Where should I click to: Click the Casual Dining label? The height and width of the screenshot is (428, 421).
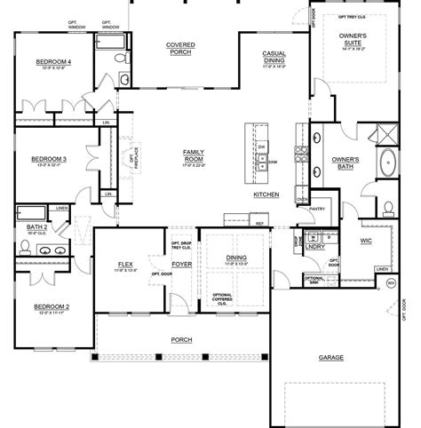274,59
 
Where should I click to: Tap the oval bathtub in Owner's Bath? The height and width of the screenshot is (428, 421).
388,164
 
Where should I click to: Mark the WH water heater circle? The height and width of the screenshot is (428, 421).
390,284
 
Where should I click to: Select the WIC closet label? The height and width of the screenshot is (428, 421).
365,241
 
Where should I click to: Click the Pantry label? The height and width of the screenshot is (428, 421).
317,210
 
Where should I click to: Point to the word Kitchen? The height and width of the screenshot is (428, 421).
266,194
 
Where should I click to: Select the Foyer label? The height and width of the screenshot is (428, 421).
180,263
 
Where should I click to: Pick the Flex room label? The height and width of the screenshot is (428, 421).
125,265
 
